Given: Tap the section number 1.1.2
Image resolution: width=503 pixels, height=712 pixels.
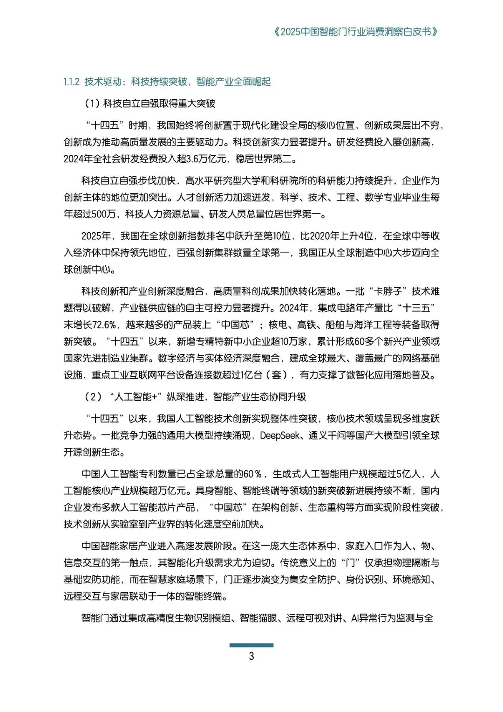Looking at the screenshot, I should [72, 82].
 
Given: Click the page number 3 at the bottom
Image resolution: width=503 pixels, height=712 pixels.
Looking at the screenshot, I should [251, 657].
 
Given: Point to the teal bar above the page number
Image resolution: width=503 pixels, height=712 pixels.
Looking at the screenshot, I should [251, 645].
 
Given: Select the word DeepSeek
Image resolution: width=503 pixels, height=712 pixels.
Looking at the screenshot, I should [279, 435].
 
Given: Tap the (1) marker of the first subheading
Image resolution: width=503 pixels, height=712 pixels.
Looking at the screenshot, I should [91, 104].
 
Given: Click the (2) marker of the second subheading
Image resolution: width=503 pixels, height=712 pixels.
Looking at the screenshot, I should [93, 397].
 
